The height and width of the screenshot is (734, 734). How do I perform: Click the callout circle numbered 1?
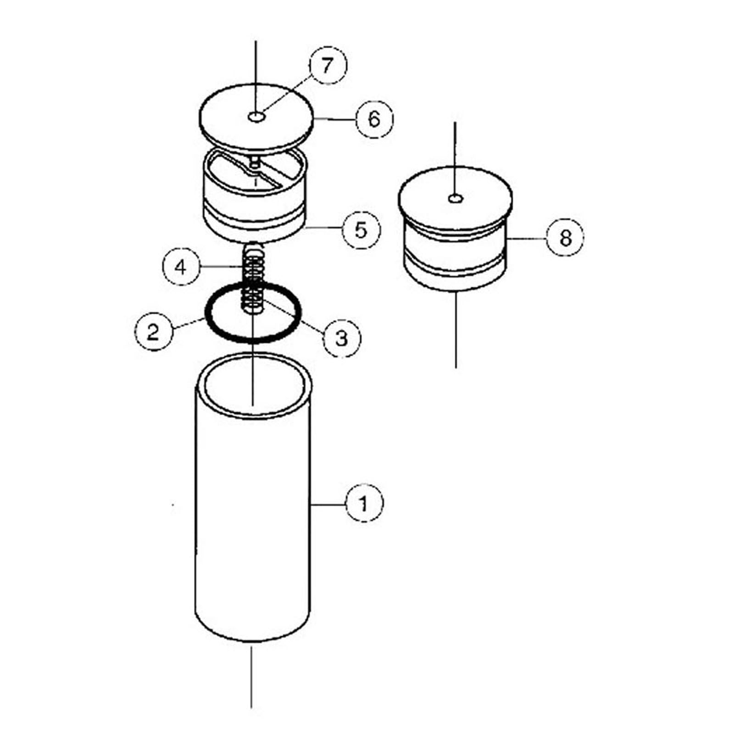364,504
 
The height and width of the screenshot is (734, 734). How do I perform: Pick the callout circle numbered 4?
182,266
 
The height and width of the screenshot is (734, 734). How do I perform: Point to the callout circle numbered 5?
361,229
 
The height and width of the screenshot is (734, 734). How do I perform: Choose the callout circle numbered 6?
374,119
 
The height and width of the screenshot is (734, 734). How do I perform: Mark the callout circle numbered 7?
328,65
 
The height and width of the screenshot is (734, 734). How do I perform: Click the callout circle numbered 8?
565,238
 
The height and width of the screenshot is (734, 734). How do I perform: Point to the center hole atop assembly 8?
456,198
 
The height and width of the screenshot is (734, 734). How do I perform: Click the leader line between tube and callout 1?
328,504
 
